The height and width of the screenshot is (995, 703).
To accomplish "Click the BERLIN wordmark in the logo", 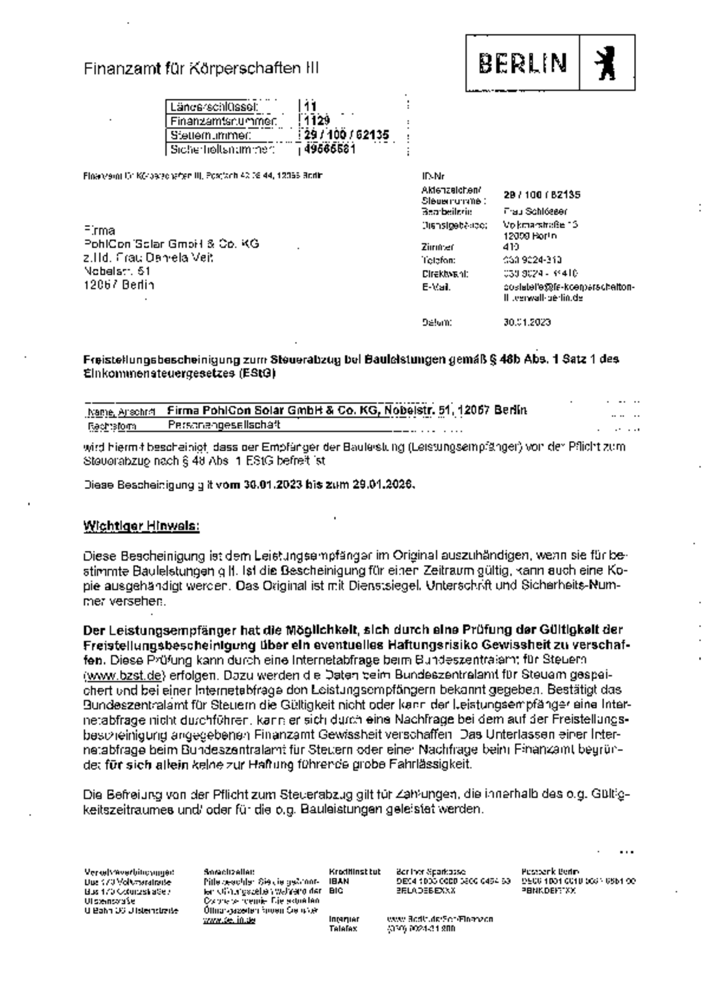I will [x=523, y=63].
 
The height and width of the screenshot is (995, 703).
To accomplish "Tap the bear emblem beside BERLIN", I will [x=607, y=63].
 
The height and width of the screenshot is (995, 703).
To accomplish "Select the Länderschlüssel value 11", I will [x=310, y=107].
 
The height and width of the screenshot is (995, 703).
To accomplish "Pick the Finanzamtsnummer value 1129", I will [x=317, y=121].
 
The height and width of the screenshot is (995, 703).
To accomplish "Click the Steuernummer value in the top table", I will [x=346, y=135].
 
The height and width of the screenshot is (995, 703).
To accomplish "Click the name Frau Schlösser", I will [x=535, y=211].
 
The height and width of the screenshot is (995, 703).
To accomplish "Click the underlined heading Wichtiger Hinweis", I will [x=141, y=525].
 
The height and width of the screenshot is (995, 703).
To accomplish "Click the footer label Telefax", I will [x=343, y=929].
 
